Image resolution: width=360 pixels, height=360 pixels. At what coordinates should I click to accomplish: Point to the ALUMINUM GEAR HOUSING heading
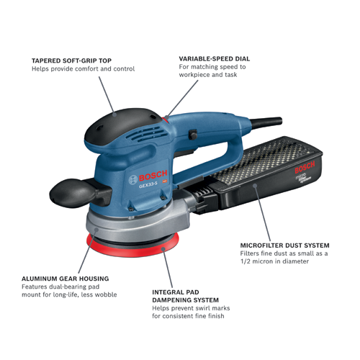[66, 278]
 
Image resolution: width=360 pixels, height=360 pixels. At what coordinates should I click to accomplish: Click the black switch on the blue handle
[192, 134]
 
